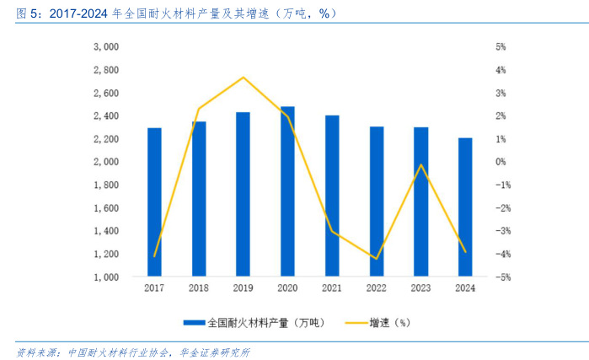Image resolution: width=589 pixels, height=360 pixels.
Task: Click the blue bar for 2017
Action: [x=154, y=202]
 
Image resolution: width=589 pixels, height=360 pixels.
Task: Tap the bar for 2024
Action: [x=465, y=207]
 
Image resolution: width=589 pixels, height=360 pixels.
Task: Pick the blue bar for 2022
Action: [x=377, y=201]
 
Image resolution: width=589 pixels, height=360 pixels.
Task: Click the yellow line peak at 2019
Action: [x=244, y=78]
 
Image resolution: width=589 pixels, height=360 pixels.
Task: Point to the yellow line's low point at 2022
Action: [x=377, y=259]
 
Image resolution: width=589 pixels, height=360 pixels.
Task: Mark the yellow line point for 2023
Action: [x=421, y=165]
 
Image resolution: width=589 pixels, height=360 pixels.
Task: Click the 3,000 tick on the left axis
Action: [x=105, y=46]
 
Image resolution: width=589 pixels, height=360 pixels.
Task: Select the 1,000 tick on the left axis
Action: [x=105, y=277]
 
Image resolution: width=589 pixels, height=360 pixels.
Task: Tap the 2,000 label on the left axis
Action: [x=105, y=161]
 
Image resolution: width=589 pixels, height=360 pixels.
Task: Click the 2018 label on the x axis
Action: [x=199, y=288]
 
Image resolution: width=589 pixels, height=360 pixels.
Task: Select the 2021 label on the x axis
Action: [x=332, y=288]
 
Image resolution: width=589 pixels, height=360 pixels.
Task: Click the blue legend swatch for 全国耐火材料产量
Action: [x=194, y=322]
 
